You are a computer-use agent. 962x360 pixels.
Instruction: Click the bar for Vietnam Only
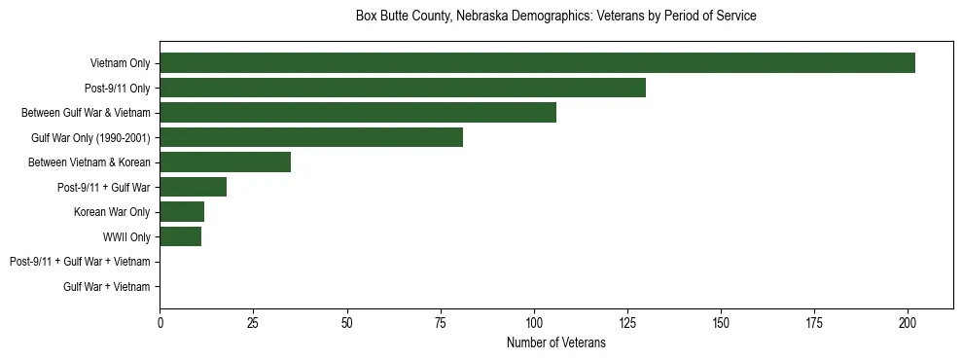[x=537, y=63]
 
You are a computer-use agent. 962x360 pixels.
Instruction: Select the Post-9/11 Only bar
[x=403, y=88]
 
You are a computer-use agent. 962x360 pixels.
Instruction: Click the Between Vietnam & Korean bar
[x=225, y=162]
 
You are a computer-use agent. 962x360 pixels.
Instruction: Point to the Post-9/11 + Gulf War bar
[x=194, y=187]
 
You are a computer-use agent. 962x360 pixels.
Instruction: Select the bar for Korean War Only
[x=182, y=212]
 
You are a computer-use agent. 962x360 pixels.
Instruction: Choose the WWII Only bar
[x=180, y=236]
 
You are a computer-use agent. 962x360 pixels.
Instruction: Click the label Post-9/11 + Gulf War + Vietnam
[x=80, y=262]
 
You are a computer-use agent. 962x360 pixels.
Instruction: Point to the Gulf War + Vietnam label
[x=107, y=287]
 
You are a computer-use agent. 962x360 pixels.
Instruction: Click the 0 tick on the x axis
[x=160, y=322]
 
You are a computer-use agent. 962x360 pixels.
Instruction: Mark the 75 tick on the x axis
[x=441, y=322]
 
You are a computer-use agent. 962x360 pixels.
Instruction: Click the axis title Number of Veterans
[x=555, y=342]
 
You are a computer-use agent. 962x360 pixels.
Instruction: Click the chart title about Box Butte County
[x=555, y=17]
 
